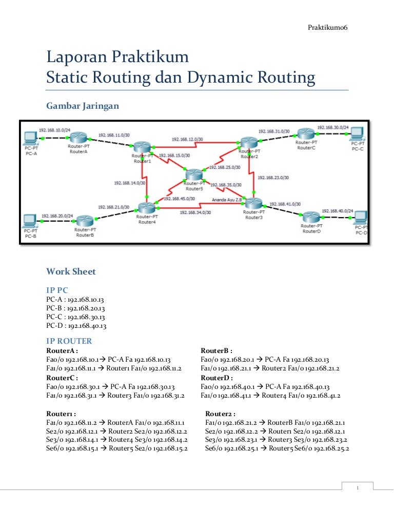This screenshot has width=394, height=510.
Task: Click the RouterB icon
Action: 84,222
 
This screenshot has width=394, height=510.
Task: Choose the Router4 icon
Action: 146,208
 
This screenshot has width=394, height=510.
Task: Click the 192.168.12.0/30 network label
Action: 187,139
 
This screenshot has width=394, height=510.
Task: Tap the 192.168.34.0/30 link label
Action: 194,211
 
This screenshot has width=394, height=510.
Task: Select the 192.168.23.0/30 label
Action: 273,178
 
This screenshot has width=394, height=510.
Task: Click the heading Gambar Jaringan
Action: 83,106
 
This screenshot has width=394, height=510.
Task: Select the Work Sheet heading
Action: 71,271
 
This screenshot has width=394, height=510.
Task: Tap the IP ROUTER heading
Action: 69,341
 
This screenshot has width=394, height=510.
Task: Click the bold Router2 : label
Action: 220,414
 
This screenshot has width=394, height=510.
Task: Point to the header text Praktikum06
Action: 327,27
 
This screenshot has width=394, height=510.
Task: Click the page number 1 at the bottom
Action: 358,488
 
